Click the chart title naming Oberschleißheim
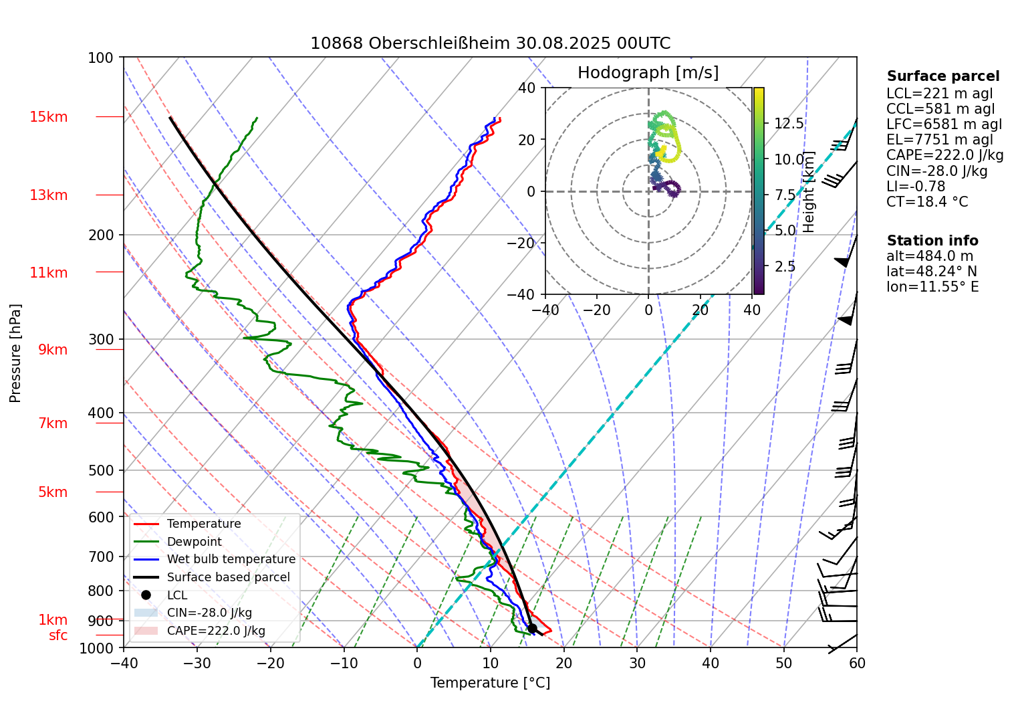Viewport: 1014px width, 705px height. pyautogui.click(x=490, y=43)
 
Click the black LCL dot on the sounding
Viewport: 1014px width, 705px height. pyautogui.click(x=532, y=628)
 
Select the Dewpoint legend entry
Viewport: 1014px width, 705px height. pyautogui.click(x=194, y=542)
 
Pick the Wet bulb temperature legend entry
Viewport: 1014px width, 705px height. pyautogui.click(x=231, y=559)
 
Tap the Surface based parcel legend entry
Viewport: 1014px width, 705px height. pyautogui.click(x=228, y=577)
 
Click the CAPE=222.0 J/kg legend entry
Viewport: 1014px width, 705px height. pyautogui.click(x=216, y=631)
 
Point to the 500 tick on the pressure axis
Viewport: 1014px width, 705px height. pyautogui.click(x=101, y=470)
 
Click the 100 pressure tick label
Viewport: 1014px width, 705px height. pyautogui.click(x=101, y=58)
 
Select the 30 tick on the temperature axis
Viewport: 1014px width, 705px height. pyautogui.click(x=637, y=663)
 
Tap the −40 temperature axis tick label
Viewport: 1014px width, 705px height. pyautogui.click(x=124, y=663)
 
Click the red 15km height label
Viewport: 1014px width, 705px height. pyautogui.click(x=49, y=117)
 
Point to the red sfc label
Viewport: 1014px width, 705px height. pyautogui.click(x=58, y=635)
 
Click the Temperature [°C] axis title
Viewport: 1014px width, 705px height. pyautogui.click(x=490, y=683)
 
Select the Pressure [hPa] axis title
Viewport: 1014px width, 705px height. pyautogui.click(x=15, y=353)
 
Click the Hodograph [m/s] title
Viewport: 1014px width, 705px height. pyautogui.click(x=648, y=73)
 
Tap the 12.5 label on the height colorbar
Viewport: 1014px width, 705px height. pyautogui.click(x=789, y=123)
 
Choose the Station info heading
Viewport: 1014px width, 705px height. pyautogui.click(x=932, y=241)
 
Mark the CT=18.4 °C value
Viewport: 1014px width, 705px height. pyautogui.click(x=926, y=202)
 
